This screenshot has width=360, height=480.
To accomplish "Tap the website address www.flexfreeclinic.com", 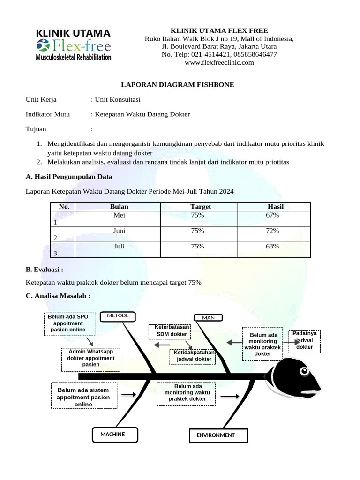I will [219, 63].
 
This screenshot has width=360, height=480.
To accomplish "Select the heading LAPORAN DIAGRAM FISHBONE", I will [178, 85].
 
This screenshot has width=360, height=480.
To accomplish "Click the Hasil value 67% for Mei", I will [272, 215].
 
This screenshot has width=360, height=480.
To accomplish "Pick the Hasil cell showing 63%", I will [272, 246].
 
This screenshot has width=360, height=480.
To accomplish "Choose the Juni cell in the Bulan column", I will [119, 231].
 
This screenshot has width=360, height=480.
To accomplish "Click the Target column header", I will [200, 207].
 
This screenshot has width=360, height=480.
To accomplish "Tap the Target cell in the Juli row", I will [197, 246].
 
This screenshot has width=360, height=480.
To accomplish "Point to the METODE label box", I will [118, 316].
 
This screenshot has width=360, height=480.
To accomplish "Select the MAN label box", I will [208, 318].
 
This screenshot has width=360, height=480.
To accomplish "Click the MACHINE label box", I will [115, 435].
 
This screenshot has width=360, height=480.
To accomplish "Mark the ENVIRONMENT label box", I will [218, 435].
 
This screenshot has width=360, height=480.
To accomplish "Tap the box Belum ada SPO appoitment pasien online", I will [70, 323].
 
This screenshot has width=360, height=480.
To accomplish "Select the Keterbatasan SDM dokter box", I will [171, 330].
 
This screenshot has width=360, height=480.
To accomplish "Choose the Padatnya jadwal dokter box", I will [305, 341].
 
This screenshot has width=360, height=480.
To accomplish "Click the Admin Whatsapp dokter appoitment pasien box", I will [91, 358].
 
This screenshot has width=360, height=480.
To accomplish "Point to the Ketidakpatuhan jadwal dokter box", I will [193, 356].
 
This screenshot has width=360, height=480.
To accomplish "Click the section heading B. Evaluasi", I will [45, 270].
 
